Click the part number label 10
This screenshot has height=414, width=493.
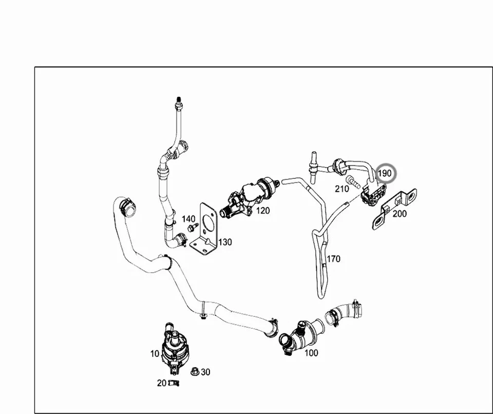[x=154, y=354]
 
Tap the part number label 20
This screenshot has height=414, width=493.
[x=161, y=383]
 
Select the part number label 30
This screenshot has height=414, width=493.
[x=205, y=372]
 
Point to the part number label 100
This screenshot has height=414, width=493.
[x=311, y=353]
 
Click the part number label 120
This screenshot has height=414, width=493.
[x=262, y=210]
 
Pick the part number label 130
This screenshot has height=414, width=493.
[x=224, y=242]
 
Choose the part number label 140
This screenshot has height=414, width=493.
[x=188, y=219]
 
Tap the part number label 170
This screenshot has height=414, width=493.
[x=333, y=259]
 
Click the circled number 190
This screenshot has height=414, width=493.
[x=385, y=173]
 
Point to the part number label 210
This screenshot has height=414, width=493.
[x=342, y=189]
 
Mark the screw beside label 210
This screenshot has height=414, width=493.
[x=354, y=181]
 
